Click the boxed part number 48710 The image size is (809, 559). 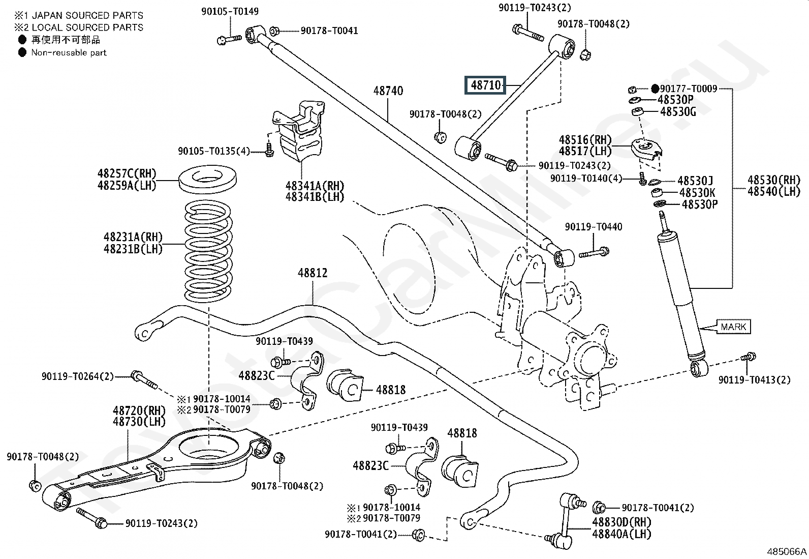486,85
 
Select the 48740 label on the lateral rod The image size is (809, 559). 388,91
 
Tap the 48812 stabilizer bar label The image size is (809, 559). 313,273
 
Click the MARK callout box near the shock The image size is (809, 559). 733,327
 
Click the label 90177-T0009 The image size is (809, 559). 689,89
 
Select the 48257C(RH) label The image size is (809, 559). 127,174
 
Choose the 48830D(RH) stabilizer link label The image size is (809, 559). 621,522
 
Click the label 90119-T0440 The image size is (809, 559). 593,227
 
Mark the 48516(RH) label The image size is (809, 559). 585,140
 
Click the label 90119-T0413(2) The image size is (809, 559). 754,380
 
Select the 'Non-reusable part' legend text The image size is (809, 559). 69,52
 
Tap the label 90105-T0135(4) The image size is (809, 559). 213,151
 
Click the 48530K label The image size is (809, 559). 697,193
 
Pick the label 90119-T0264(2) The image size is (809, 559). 78,377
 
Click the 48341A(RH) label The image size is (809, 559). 315,185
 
